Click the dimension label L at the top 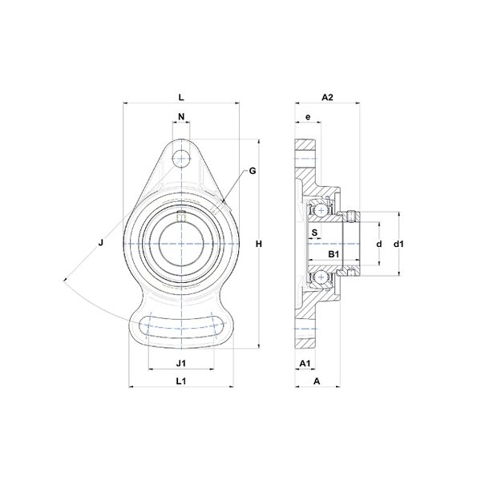181,98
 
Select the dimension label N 182,116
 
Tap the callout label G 253,171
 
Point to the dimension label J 101,243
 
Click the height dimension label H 259,245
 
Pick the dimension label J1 181,363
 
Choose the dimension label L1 181,382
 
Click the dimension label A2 327,98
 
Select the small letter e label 309,117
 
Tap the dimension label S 315,232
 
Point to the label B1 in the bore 333,254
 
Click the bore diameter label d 379,244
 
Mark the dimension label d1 398,244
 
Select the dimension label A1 305,363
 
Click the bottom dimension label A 317,382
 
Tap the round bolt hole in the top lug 181,159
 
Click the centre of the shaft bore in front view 182,244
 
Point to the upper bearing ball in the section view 321,210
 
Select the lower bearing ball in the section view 321,277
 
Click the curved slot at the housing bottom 182,327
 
